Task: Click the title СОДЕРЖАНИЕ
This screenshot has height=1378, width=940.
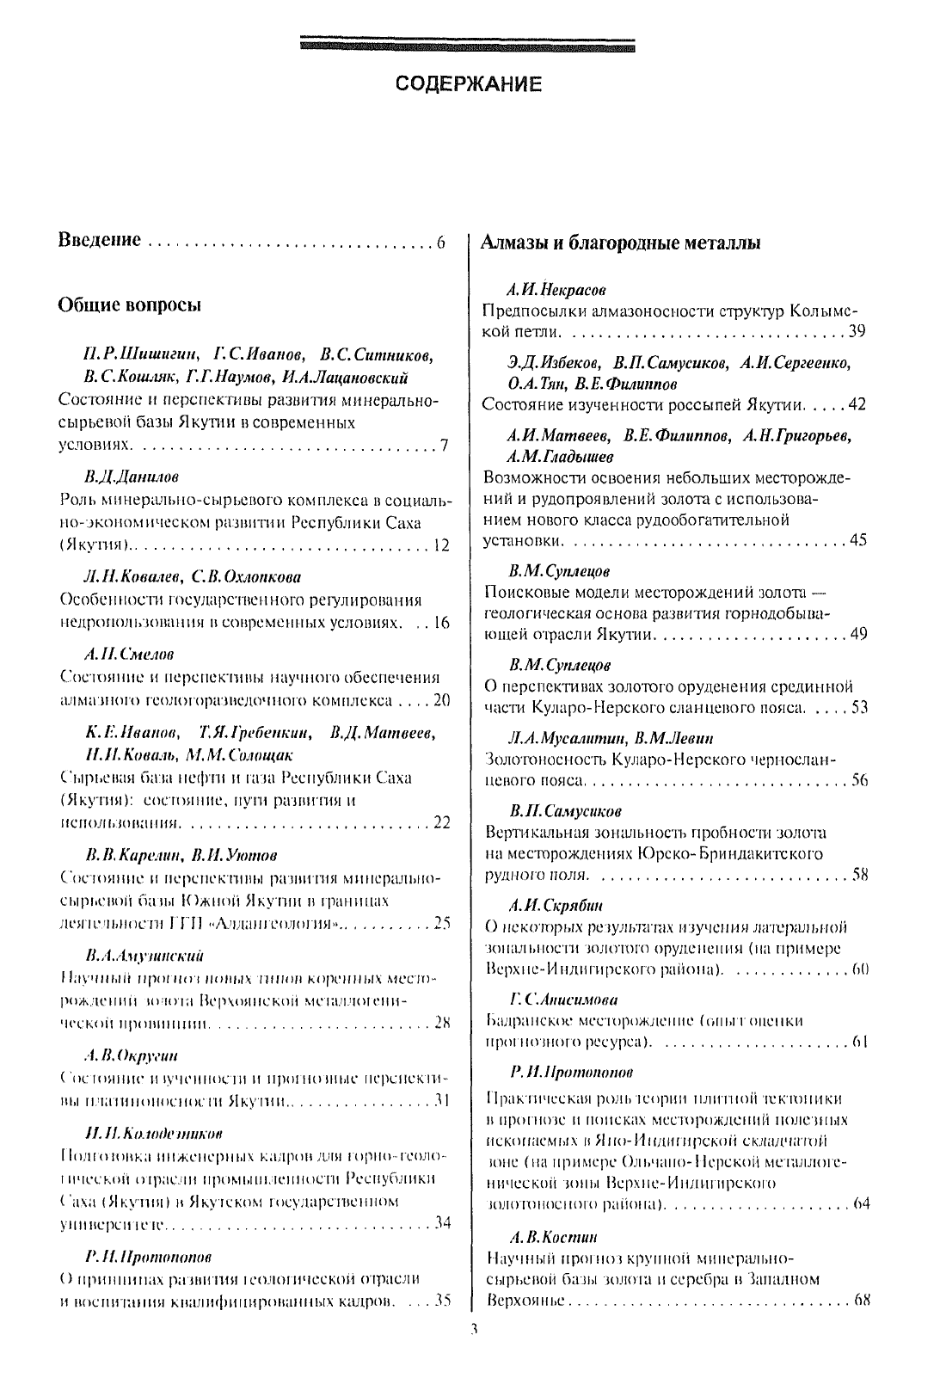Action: pos(469,84)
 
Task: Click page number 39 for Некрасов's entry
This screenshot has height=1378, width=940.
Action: pos(857,331)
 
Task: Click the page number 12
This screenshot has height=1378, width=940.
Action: pos(441,545)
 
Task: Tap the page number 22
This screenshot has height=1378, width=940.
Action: pos(441,822)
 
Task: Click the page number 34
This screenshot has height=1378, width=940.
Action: pos(442,1222)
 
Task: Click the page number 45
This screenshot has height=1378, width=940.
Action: pos(858,540)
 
